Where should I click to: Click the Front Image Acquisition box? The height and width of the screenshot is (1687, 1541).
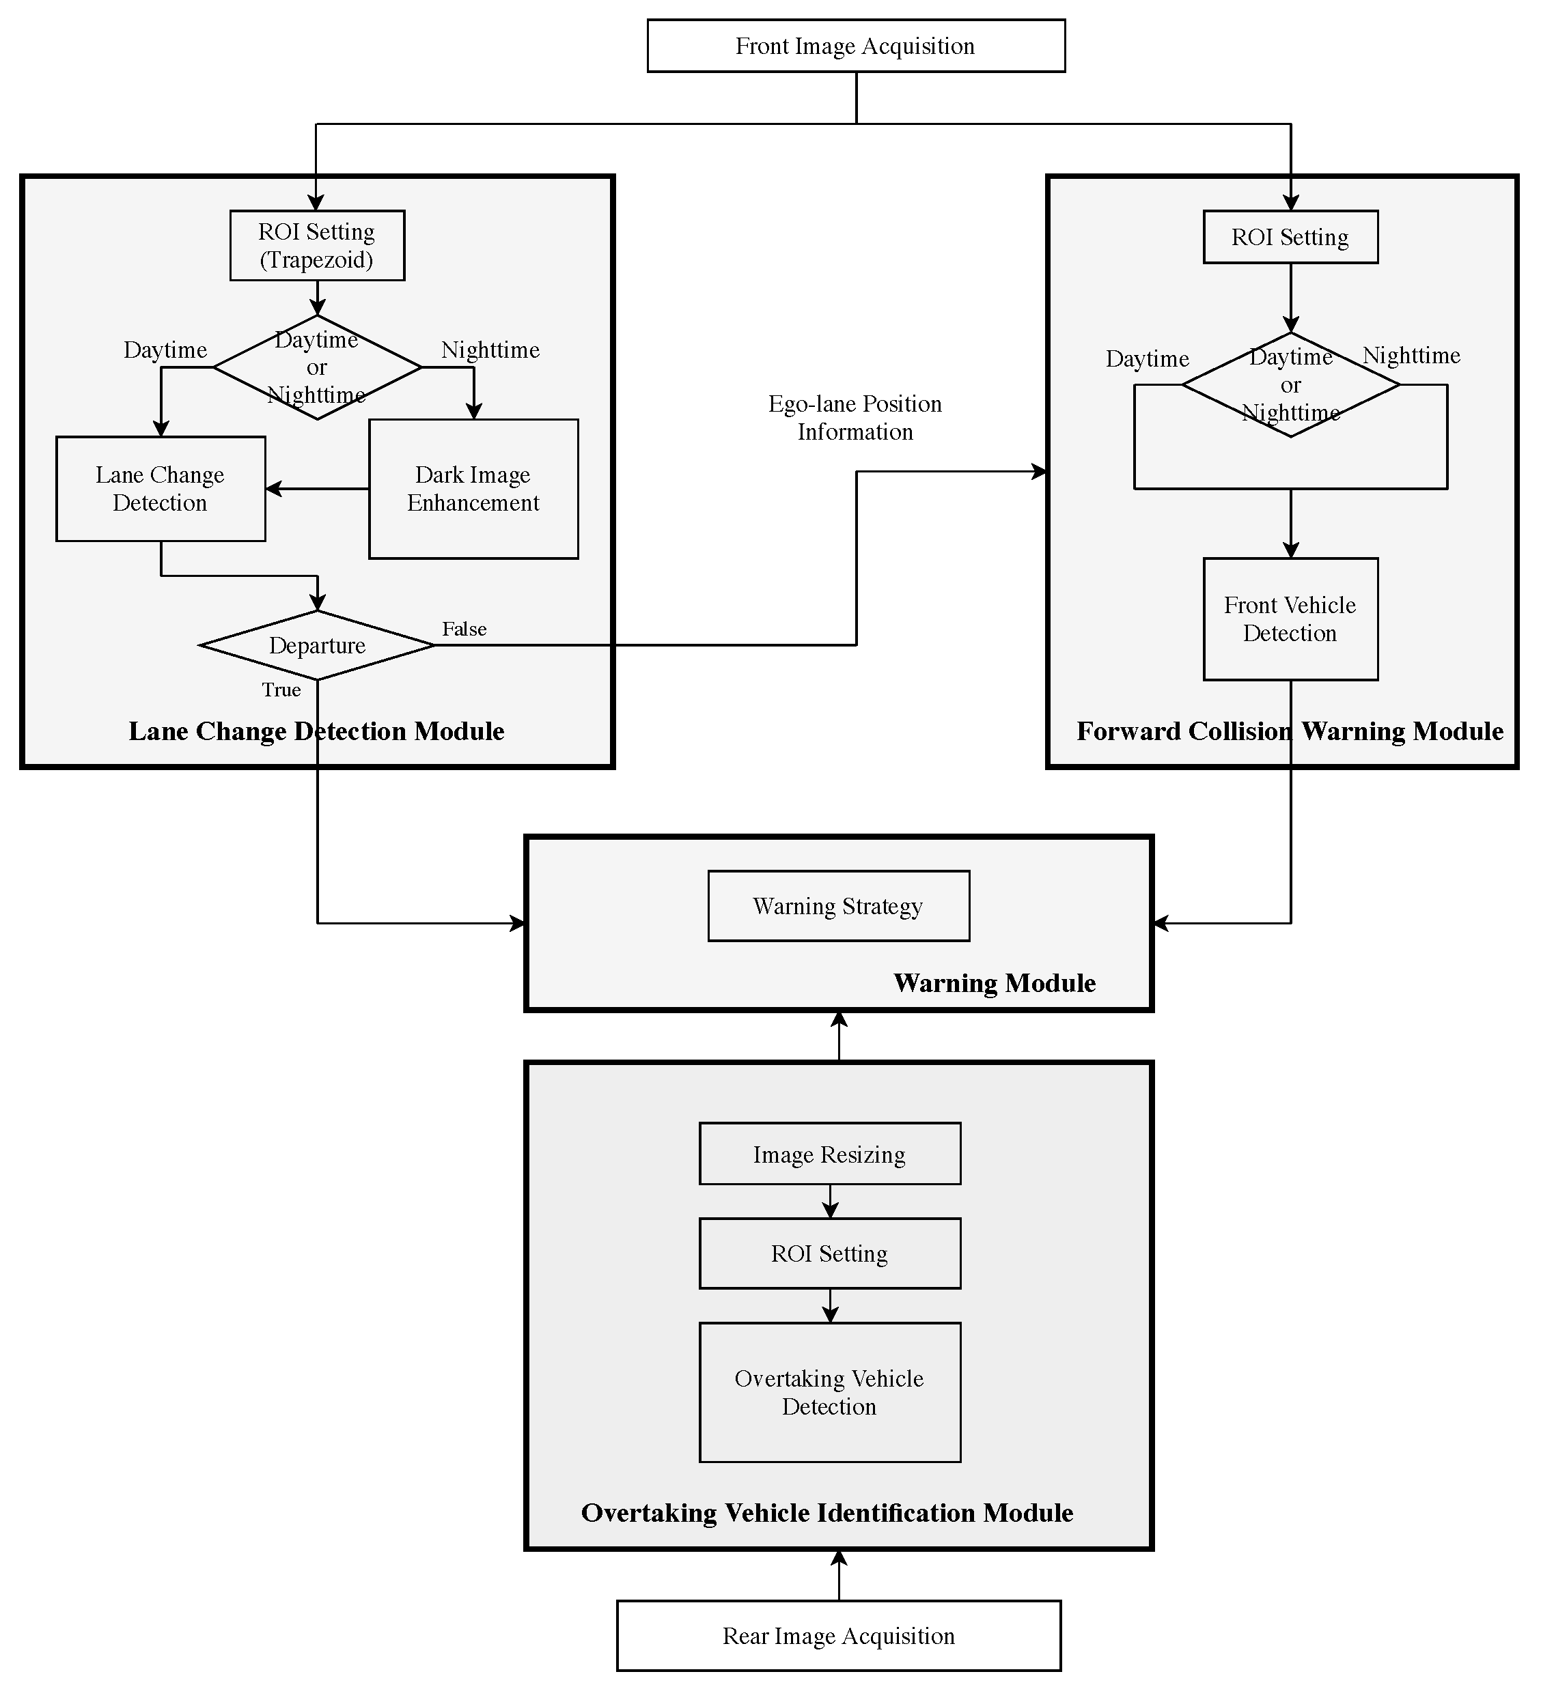click(x=855, y=46)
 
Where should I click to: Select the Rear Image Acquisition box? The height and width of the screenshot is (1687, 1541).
click(x=839, y=1635)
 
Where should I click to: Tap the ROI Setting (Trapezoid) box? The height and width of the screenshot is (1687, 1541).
click(x=317, y=245)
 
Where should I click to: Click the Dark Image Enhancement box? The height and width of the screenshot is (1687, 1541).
click(x=473, y=489)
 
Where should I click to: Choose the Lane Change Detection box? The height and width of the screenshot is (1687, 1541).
click(x=161, y=489)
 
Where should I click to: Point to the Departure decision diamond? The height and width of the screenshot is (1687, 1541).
click(x=317, y=645)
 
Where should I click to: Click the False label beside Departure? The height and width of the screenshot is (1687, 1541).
click(x=464, y=628)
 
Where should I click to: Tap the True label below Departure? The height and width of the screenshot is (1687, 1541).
click(x=281, y=690)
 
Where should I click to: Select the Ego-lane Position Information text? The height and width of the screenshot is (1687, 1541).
click(x=855, y=418)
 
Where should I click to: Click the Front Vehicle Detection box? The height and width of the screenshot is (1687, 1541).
click(x=1290, y=619)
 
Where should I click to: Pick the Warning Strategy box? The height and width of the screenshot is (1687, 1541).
click(x=839, y=906)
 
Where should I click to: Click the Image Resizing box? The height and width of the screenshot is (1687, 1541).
click(x=829, y=1154)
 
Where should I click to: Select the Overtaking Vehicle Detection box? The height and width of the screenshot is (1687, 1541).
click(x=829, y=1393)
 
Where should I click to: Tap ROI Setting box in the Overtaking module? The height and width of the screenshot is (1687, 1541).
click(x=829, y=1253)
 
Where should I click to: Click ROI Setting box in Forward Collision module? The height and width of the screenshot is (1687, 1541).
click(x=1290, y=237)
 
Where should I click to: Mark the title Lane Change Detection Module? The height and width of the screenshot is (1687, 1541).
click(x=316, y=731)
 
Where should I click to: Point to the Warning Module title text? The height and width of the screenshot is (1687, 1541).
click(x=995, y=982)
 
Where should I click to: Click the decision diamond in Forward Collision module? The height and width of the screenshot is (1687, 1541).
click(x=1290, y=385)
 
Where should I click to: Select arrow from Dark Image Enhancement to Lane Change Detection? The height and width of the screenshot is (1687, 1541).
click(x=318, y=489)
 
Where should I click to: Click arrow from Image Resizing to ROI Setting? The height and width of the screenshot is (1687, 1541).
click(x=829, y=1202)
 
